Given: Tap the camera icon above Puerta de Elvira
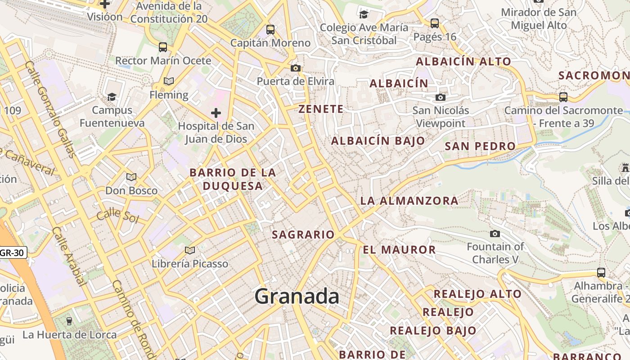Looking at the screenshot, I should (x=296, y=68).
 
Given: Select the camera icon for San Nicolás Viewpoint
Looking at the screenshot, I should (x=441, y=97).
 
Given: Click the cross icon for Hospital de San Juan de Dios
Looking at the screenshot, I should (x=216, y=112).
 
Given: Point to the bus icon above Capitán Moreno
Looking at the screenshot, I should (x=270, y=30).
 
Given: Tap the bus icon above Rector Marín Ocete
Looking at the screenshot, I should (x=163, y=47).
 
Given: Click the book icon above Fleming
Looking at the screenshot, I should (x=169, y=81).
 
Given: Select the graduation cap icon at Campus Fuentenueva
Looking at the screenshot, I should (x=112, y=97).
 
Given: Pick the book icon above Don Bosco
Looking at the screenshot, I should (x=131, y=177).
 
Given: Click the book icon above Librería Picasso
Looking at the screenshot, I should (x=190, y=250).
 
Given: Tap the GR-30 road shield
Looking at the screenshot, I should (x=12, y=253).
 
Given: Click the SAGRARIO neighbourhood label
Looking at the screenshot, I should (x=303, y=234).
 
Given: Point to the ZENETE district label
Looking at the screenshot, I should (x=321, y=109).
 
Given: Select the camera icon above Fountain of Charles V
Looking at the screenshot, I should (x=495, y=234).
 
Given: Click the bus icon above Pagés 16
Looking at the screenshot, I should (x=435, y=23).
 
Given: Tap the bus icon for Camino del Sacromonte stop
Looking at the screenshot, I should (x=563, y=97).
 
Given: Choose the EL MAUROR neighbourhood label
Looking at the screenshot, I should (x=399, y=250).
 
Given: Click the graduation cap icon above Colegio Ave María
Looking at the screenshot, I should (x=364, y=14).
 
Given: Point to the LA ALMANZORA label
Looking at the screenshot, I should (x=409, y=201).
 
